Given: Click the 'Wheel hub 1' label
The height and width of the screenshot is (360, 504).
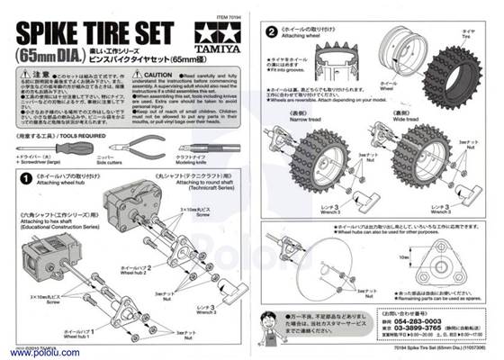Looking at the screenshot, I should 93,334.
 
